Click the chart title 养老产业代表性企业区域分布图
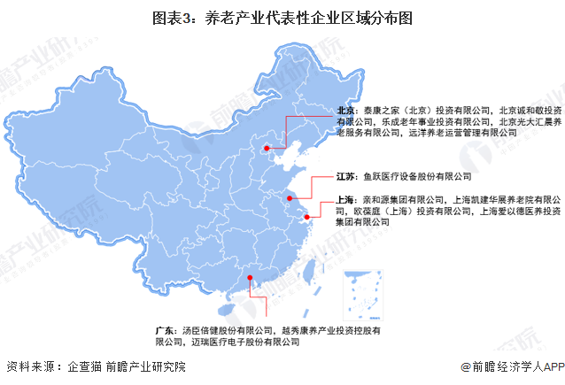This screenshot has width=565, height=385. [282, 17]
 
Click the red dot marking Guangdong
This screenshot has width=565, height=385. [251, 279]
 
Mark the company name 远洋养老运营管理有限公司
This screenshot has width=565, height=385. [461, 132]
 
